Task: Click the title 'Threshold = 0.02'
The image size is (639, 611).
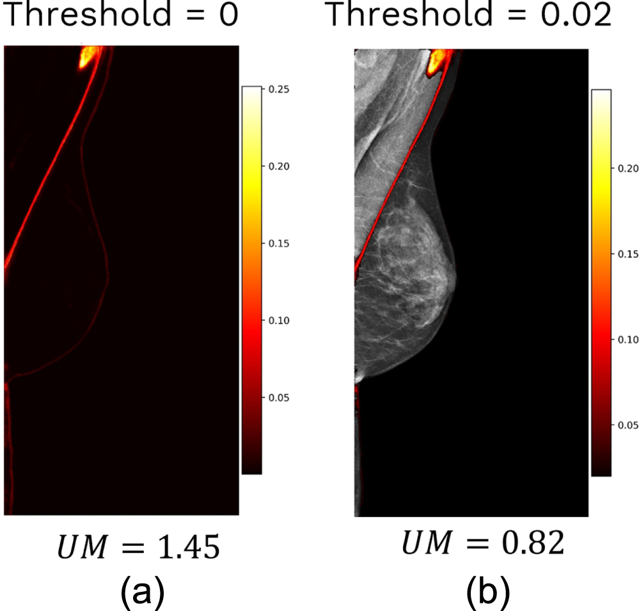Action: (x=469, y=16)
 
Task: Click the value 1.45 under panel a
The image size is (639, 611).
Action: (x=189, y=549)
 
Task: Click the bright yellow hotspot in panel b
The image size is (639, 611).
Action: (x=437, y=61)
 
